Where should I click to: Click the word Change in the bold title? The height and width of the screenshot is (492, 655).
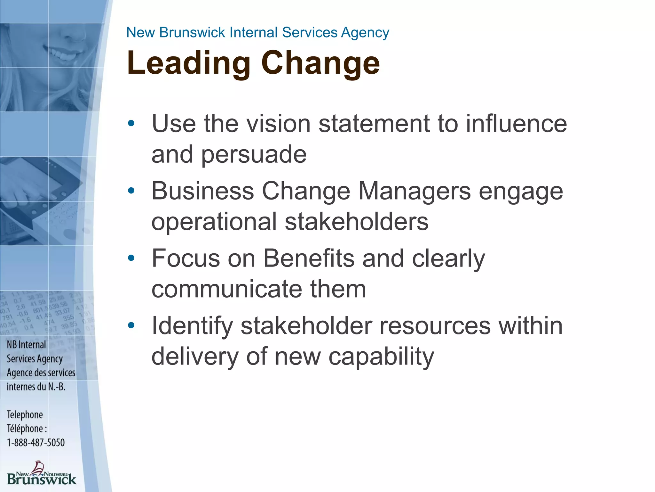click(x=320, y=63)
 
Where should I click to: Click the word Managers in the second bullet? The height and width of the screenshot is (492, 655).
click(x=414, y=191)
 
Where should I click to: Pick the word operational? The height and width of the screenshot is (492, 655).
click(x=214, y=222)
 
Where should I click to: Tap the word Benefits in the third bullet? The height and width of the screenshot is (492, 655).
click(x=309, y=258)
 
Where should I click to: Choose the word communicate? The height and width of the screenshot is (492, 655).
click(x=227, y=289)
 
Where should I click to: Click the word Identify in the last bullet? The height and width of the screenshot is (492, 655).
click(x=192, y=326)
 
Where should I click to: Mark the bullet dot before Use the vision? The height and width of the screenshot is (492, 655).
click(x=131, y=123)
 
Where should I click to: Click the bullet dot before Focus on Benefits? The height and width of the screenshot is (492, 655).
click(x=131, y=258)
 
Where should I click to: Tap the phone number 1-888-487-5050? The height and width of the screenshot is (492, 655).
click(x=36, y=443)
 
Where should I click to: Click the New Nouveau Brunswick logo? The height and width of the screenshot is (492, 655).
click(x=42, y=473)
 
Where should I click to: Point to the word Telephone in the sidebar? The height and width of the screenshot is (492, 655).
click(x=25, y=414)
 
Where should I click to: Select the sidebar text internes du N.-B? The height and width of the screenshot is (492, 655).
click(x=36, y=387)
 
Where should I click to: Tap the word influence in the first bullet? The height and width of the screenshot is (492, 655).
click(x=516, y=124)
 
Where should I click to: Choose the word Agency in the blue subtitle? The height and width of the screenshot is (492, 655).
click(x=365, y=33)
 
